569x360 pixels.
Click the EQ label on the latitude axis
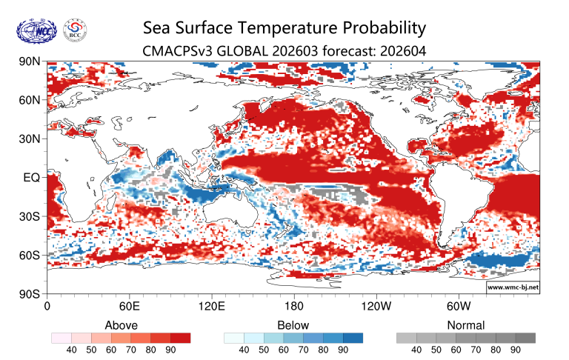pyautogui.click(x=31, y=178)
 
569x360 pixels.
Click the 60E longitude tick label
pyautogui.click(x=130, y=305)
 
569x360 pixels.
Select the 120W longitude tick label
pyautogui.click(x=376, y=305)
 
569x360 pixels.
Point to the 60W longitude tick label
pyautogui.click(x=459, y=305)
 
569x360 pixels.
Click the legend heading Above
pyautogui.click(x=121, y=325)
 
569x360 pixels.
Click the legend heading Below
pyautogui.click(x=293, y=325)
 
